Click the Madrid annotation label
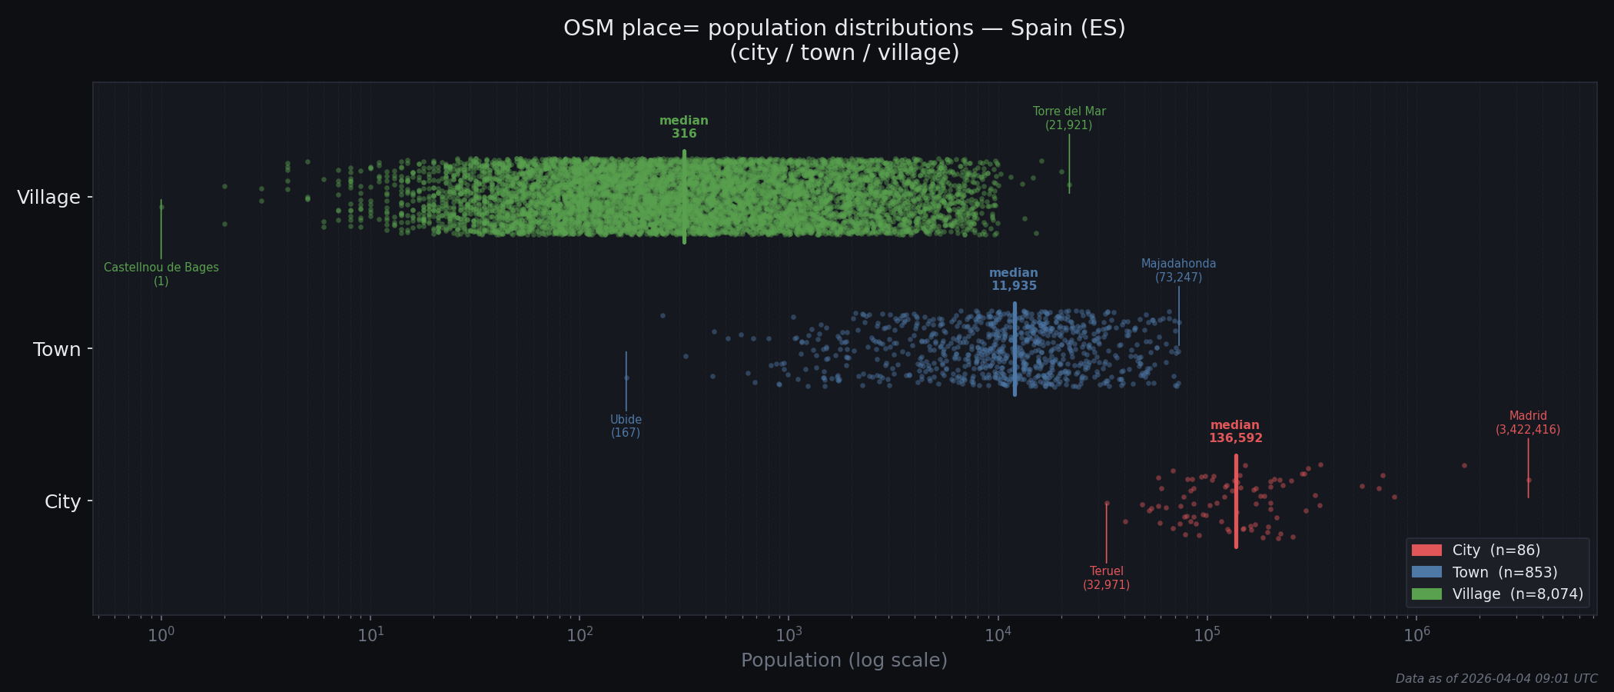tap(1527, 423)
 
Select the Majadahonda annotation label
tap(1178, 271)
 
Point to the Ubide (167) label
tap(626, 426)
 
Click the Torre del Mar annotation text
tap(1068, 118)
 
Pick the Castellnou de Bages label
tap(161, 274)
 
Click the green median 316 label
tap(684, 127)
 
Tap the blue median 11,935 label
tap(1014, 279)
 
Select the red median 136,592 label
tap(1235, 431)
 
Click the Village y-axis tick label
tap(48, 198)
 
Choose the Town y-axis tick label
tap(57, 350)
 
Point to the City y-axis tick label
tap(62, 502)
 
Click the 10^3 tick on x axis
tap(789, 635)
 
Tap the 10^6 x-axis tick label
tap(1416, 635)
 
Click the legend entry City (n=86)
tap(1495, 551)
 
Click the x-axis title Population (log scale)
tap(844, 660)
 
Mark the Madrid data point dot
tap(1528, 480)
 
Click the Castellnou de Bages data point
tap(161, 207)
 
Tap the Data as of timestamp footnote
tap(1496, 679)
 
